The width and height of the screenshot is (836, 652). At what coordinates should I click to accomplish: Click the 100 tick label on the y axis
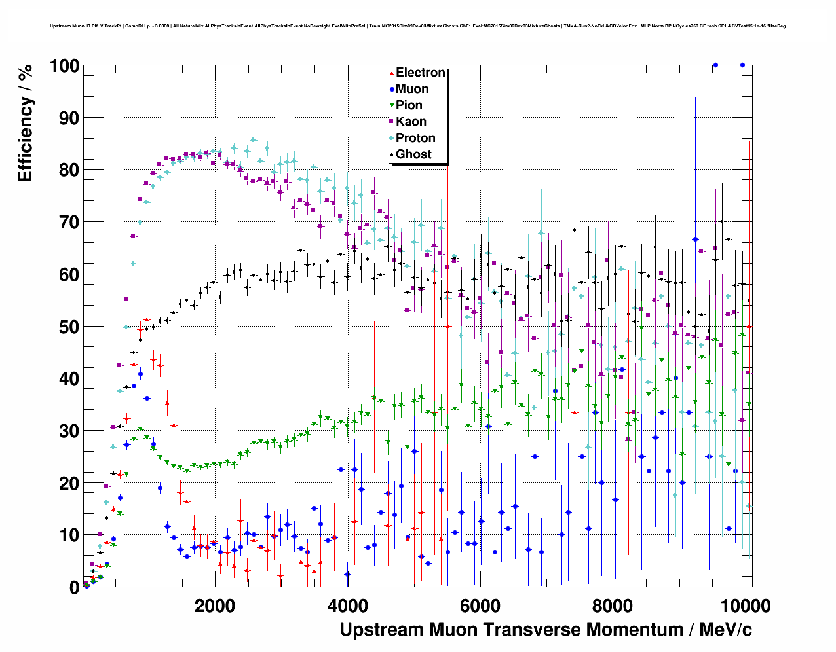pos(64,65)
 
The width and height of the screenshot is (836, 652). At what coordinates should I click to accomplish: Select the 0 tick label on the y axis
pos(75,587)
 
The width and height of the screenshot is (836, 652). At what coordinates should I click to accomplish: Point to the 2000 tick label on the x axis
pos(214,606)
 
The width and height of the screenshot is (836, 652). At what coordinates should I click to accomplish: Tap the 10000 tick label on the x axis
pos(744,606)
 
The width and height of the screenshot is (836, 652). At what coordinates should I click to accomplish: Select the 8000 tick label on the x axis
pos(612,606)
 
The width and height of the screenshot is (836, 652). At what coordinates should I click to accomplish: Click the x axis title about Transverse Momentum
pos(545,630)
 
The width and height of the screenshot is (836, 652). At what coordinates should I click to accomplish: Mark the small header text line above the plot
pos(417,26)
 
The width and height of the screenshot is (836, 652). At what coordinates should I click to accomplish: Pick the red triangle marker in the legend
pos(392,73)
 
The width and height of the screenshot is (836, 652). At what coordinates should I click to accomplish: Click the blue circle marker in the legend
pos(392,90)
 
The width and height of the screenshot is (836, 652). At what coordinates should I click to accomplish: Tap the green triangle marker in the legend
pos(392,106)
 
